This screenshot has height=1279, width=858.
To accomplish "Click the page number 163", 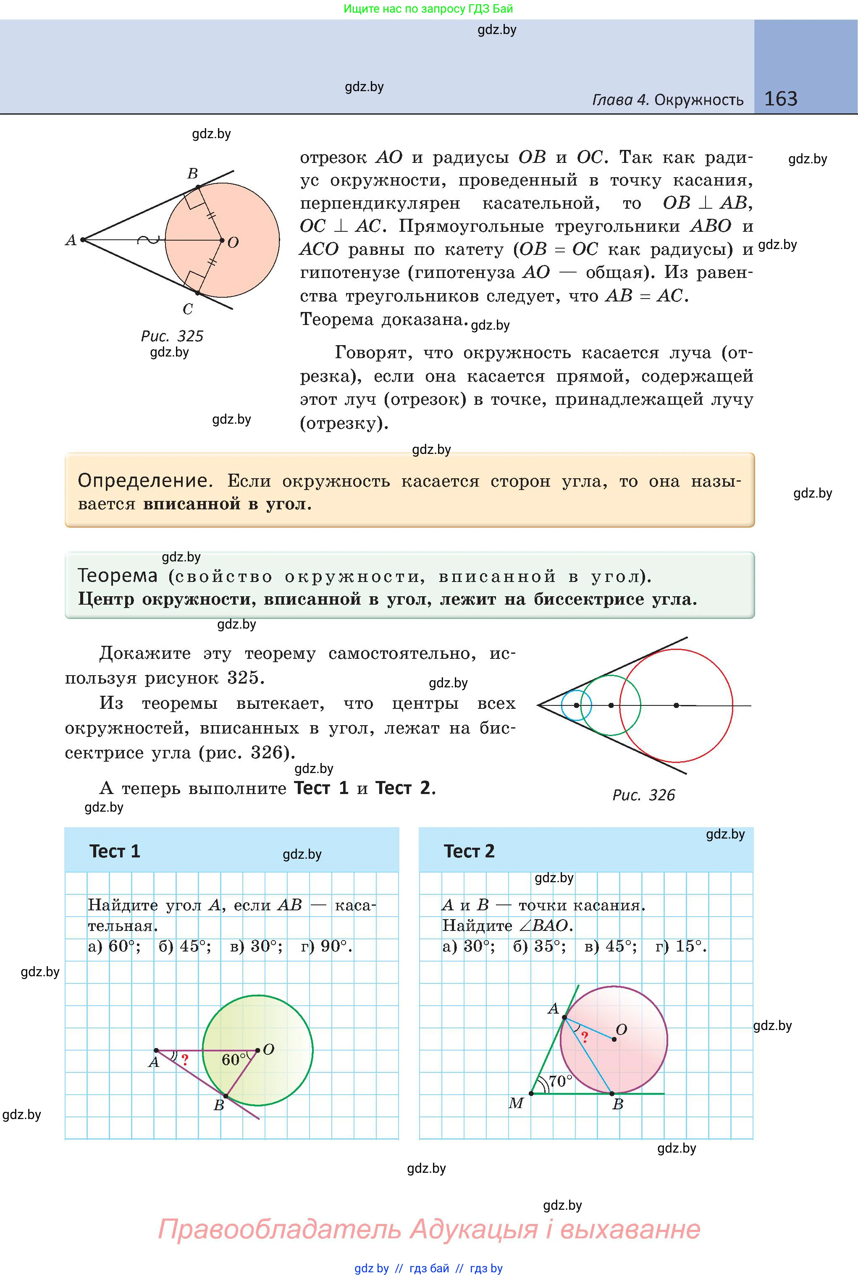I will pyautogui.click(x=780, y=99).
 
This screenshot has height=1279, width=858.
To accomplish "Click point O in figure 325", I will pyautogui.click(x=222, y=240).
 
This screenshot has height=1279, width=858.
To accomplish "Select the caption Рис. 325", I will pyautogui.click(x=172, y=336).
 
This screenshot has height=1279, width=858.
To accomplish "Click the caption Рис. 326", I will pyautogui.click(x=643, y=795).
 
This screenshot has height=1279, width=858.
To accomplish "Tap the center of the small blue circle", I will pyautogui.click(x=576, y=705).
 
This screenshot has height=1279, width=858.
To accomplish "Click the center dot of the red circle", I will pyautogui.click(x=676, y=705).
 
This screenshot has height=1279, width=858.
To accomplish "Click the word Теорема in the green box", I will pyautogui.click(x=118, y=576).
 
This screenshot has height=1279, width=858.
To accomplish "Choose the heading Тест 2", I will pyautogui.click(x=469, y=851).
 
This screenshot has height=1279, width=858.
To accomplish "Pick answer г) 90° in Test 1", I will pyautogui.click(x=326, y=946).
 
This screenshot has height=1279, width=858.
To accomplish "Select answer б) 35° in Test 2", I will pyautogui.click(x=539, y=946).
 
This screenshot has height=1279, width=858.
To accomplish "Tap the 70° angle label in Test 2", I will pyautogui.click(x=560, y=1081).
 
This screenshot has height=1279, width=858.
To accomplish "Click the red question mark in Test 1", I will pyautogui.click(x=185, y=1060).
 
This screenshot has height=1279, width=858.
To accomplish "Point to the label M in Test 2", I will pyautogui.click(x=516, y=1103).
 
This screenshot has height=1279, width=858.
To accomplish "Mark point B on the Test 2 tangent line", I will pyautogui.click(x=612, y=1093).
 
